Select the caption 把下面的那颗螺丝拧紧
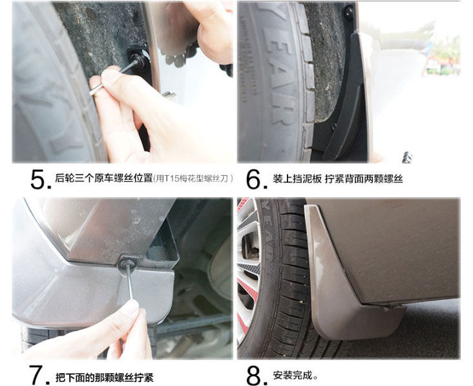tap(105, 377)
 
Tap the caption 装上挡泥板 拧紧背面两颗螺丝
tap(338, 178)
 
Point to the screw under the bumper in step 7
tap(128, 262)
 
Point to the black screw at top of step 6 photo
tap(349, 13)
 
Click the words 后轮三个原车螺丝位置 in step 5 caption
tap(103, 178)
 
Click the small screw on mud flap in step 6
tap(333, 125)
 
